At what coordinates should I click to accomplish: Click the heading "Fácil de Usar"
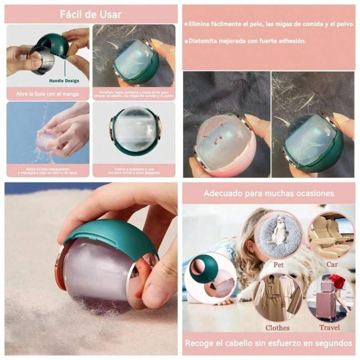pos(90,15)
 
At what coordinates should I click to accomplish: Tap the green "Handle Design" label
pos(64,81)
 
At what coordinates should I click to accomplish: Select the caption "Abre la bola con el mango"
pos(48,94)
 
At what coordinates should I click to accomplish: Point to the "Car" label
pos(332,264)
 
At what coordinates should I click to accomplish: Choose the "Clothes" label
pos(277,328)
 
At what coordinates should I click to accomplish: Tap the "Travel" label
pos(330,328)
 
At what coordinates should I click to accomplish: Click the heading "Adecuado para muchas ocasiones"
pos(268,193)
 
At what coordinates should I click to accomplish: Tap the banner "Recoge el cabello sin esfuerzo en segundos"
pos(268,343)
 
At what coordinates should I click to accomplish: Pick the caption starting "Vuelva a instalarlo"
pos(134,171)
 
